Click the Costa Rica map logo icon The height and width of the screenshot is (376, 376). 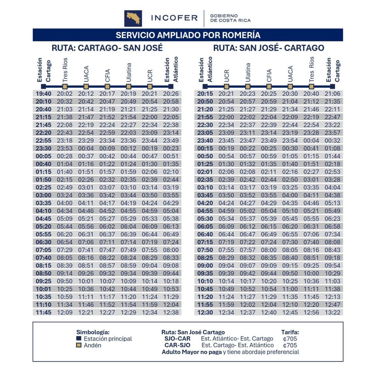(133, 18)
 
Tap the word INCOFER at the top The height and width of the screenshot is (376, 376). (174, 18)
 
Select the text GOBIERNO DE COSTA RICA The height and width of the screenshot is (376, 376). (230, 18)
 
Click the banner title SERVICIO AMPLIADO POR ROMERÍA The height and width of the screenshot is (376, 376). (188, 35)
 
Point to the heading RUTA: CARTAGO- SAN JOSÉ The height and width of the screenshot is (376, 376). (107, 48)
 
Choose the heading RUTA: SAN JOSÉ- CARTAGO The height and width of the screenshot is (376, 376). (269, 48)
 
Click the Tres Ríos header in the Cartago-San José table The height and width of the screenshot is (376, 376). (65, 70)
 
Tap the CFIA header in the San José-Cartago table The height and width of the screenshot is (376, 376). (269, 75)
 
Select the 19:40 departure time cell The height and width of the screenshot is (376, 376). (43, 94)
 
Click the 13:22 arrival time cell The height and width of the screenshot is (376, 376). (332, 312)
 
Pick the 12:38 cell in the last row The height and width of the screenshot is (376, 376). (171, 312)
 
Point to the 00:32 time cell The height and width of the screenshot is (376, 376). (332, 141)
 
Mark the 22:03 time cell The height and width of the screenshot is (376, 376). (128, 133)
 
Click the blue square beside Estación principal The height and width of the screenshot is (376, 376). (79, 338)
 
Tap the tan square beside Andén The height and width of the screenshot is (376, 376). (79, 345)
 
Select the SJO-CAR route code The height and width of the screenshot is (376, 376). (177, 338)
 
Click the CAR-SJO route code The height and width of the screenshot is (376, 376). (177, 345)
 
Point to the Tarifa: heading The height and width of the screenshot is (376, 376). (290, 332)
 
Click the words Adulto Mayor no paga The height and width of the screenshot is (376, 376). (192, 352)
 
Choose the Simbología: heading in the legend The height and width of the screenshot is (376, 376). (93, 332)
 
